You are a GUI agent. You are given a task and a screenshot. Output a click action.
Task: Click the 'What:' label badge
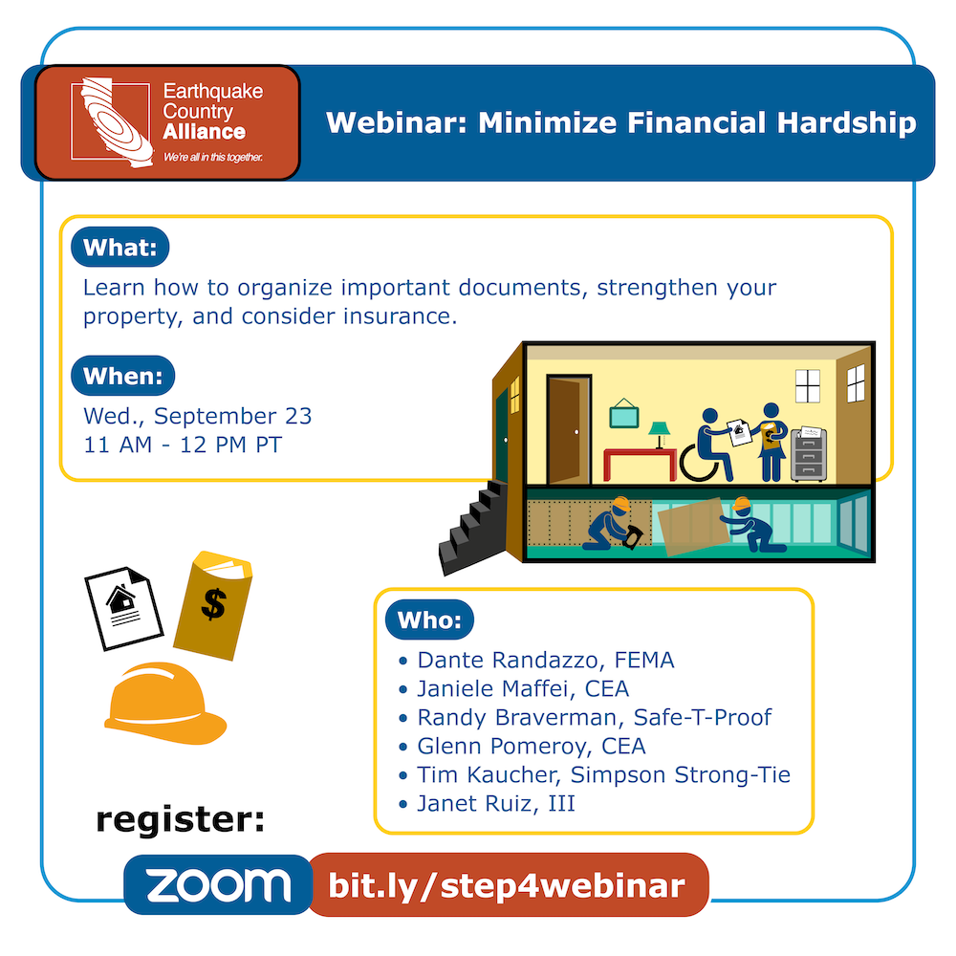coord(120,247)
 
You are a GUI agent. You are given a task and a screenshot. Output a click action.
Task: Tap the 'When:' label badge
coord(123,376)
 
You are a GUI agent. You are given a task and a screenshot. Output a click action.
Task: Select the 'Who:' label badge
coord(429,619)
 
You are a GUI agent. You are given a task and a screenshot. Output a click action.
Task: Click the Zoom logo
coord(218,884)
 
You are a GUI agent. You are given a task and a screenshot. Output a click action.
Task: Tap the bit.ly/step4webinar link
coord(508,884)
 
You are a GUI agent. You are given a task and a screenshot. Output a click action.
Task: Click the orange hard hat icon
coord(165,704)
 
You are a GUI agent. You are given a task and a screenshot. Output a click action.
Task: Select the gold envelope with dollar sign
coord(213,605)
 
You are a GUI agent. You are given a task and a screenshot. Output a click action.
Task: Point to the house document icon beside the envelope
coord(123,608)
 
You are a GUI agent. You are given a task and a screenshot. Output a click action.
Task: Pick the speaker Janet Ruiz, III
coord(495,803)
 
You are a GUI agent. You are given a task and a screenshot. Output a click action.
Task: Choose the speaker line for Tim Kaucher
coord(603,774)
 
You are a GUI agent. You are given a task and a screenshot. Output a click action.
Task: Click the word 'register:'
coord(181,819)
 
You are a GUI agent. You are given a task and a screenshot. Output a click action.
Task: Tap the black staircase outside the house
coord(473,528)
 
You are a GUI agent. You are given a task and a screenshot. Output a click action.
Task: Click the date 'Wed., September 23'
coord(198,416)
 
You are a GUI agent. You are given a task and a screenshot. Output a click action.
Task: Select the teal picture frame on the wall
coord(623,414)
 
